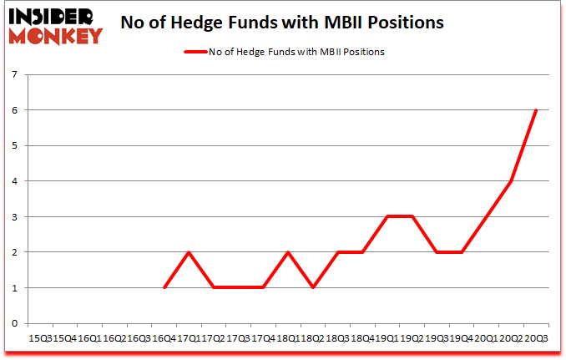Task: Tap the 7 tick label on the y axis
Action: [14, 74]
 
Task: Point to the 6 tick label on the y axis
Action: [14, 110]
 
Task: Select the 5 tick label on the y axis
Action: [14, 145]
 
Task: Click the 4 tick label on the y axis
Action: [14, 181]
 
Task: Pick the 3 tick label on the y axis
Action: [14, 216]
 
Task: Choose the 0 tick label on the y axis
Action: [14, 323]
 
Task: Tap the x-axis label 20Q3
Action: [535, 340]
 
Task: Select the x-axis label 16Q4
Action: [164, 340]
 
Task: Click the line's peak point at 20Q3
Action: [535, 110]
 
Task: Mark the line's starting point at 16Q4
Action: [164, 287]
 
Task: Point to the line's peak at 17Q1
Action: [189, 252]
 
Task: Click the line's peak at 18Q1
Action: [288, 252]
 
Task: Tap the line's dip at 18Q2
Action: [312, 287]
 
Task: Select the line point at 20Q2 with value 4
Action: [510, 181]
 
